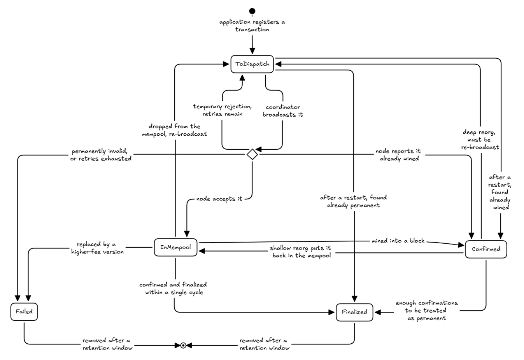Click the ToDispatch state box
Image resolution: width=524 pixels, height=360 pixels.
(252, 64)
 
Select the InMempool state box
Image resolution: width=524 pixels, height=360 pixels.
(175, 247)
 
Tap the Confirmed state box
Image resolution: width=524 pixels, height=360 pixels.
(486, 249)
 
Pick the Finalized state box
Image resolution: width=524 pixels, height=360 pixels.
(354, 312)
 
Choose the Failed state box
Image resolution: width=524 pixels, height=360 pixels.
(24, 312)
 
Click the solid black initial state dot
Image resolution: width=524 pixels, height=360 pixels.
(252, 11)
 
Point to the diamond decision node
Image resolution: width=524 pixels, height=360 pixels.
(252, 154)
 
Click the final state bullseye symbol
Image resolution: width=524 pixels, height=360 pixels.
(183, 345)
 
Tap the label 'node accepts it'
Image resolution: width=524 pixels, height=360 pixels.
(219, 199)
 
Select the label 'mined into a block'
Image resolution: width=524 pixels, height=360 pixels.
(398, 241)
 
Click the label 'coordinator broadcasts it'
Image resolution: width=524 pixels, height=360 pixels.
(282, 111)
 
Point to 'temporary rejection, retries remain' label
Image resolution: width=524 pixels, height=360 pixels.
(222, 110)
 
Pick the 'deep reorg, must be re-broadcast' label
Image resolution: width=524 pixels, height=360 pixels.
(480, 140)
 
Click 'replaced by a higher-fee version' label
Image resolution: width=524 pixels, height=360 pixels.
(97, 248)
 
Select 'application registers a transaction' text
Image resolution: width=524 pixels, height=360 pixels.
(252, 26)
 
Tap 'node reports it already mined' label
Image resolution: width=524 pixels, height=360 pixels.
(399, 155)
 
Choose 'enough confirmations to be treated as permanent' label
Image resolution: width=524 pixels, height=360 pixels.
(427, 311)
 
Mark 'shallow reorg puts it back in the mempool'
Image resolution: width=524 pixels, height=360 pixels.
(301, 252)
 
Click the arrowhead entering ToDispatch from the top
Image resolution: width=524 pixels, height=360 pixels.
(252, 51)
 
